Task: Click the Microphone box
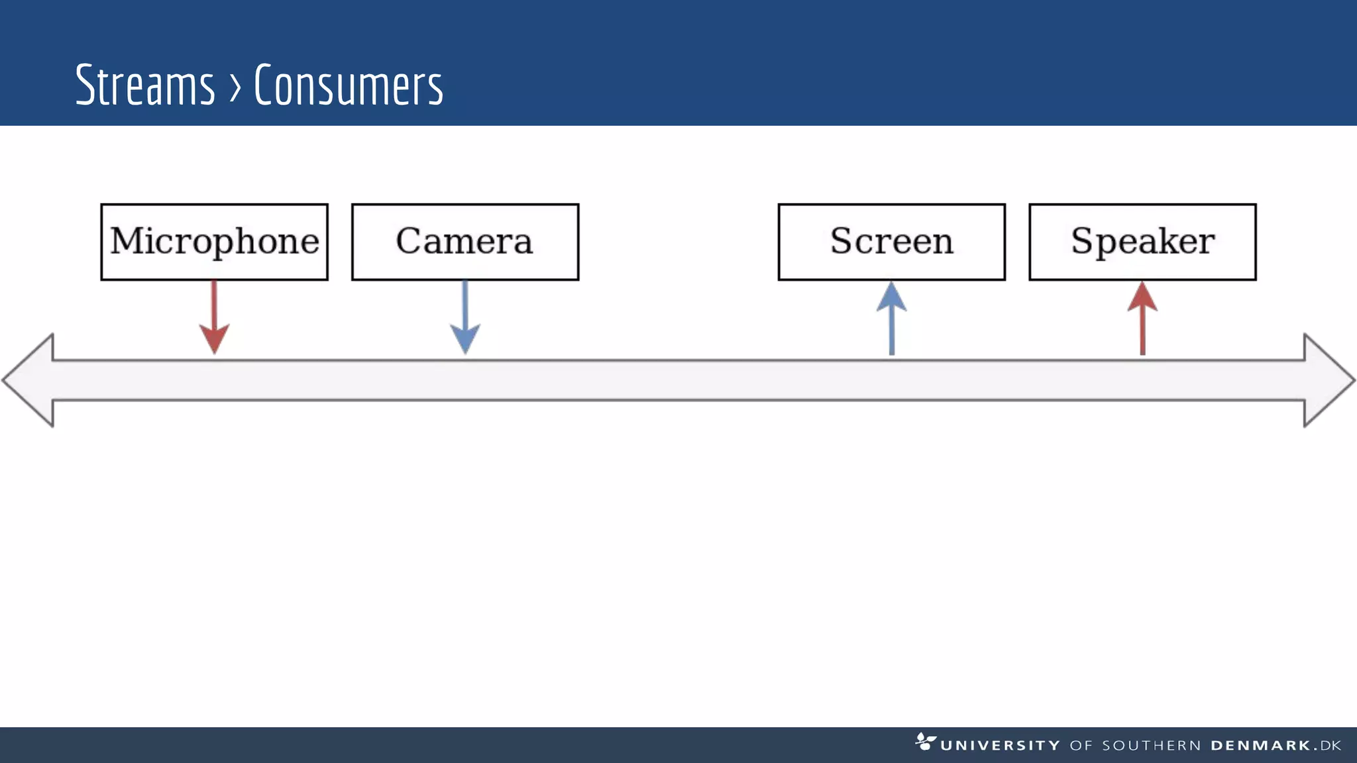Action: pos(214,242)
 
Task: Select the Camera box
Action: pos(464,242)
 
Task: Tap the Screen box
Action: pos(891,242)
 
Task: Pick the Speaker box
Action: pos(1142,242)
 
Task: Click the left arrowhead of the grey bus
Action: pos(30,380)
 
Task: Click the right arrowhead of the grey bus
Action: pos(1328,380)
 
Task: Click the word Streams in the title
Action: pos(145,85)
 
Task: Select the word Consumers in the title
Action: pos(349,85)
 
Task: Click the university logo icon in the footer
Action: pos(925,741)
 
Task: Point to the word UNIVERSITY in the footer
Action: pos(1000,746)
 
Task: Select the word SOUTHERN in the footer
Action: pos(1152,746)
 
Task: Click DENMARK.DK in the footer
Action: pos(1276,746)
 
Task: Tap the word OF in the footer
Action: pos(1081,746)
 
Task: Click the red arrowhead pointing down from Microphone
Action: pos(214,338)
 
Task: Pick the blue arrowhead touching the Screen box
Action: pos(892,297)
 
